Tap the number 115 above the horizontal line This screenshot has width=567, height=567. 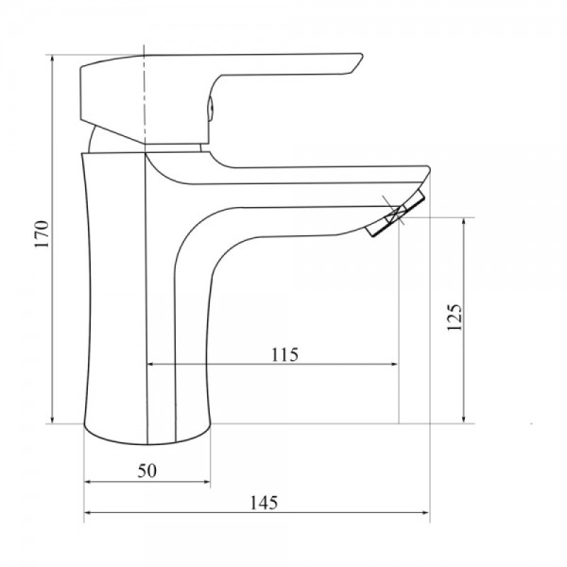point(284,355)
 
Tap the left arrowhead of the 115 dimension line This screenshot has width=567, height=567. point(151,365)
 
